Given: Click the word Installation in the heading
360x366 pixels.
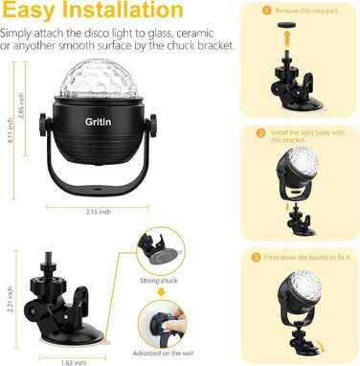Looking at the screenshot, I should tap(121, 13).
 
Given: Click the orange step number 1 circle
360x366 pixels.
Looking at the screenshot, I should tap(267, 10).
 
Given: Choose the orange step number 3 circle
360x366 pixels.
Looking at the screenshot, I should tap(257, 257).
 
